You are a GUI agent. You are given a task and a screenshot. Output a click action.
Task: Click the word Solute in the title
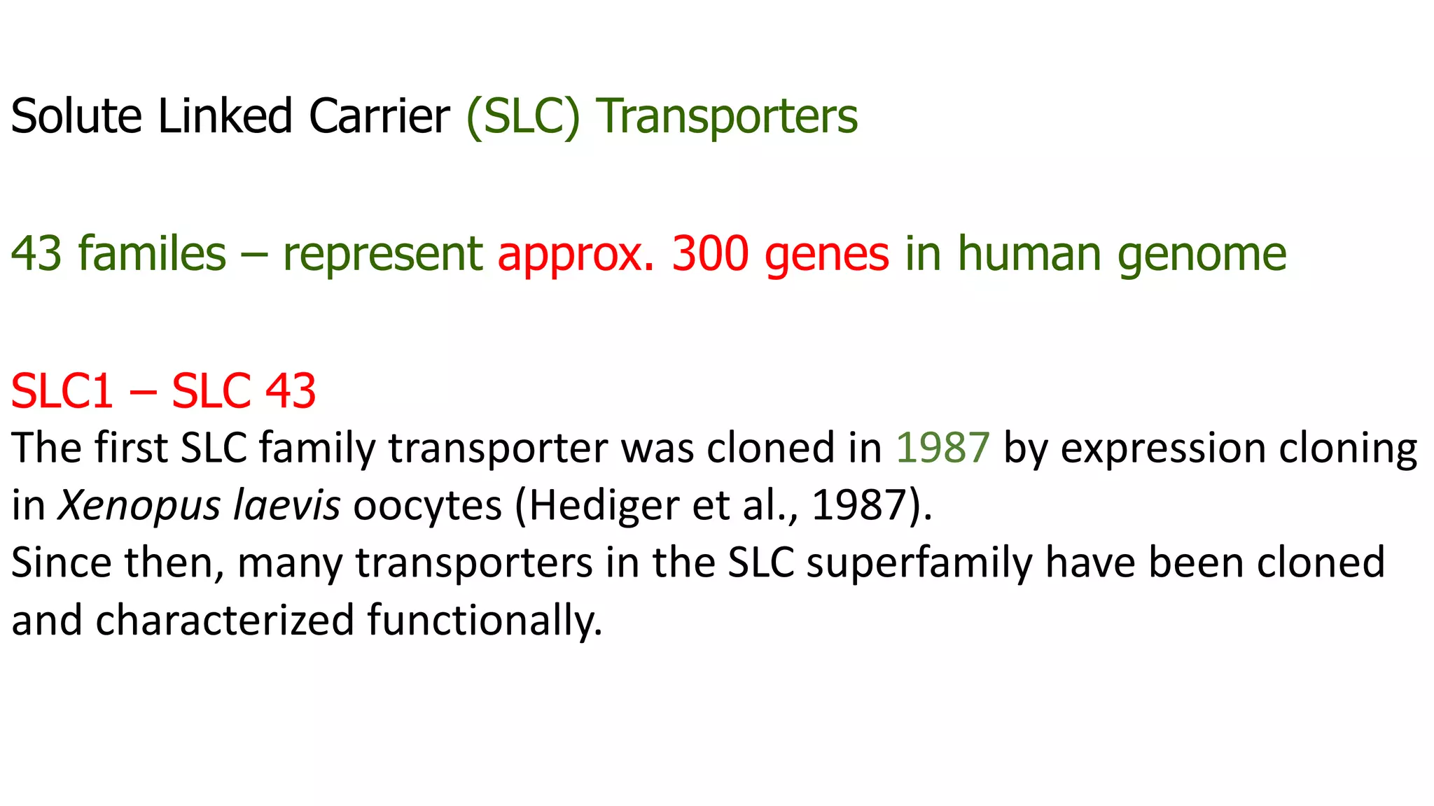76,116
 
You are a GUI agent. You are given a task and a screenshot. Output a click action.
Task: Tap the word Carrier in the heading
379,116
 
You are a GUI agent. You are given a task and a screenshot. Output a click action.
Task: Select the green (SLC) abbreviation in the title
523,116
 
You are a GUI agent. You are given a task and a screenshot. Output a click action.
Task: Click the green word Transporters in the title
727,116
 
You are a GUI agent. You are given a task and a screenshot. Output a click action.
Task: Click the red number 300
710,253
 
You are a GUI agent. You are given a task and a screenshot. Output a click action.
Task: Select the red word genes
827,255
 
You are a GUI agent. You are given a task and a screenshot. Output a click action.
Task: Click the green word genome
1202,255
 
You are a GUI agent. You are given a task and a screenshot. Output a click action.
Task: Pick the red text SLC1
62,390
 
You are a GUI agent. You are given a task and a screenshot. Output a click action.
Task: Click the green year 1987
942,448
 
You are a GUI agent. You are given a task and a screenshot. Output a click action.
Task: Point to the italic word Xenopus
139,505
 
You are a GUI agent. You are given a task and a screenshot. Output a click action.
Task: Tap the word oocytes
427,505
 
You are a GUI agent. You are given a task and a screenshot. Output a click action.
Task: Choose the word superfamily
919,563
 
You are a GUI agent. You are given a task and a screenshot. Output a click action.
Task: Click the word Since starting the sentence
61,563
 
